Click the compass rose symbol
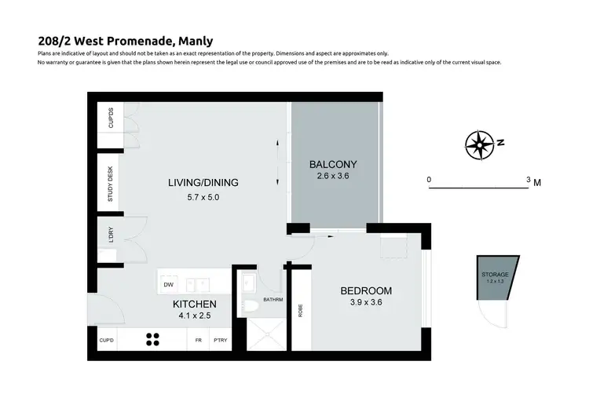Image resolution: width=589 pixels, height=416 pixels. point(478,144)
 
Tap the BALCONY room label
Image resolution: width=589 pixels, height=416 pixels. point(333,164)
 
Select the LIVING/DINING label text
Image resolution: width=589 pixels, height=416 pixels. point(203,183)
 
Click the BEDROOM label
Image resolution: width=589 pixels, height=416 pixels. point(365,290)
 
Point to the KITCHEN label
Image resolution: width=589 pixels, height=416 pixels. point(195,304)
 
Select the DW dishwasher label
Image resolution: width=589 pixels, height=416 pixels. point(168,284)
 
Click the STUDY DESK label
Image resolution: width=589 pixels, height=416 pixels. point(110,183)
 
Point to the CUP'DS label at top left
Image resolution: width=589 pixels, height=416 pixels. point(110,119)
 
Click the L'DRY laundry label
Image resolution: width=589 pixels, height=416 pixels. point(111,234)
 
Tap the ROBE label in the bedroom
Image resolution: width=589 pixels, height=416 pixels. point(299,310)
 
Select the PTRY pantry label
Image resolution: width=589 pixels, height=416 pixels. point(220,341)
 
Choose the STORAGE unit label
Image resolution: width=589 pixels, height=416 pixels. point(495,274)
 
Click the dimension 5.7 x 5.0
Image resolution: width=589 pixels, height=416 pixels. point(203,198)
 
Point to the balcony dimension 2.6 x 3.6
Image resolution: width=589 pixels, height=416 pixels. point(333,177)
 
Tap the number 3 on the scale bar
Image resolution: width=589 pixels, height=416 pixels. point(529,179)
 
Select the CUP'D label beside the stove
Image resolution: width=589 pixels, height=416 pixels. point(108,341)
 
